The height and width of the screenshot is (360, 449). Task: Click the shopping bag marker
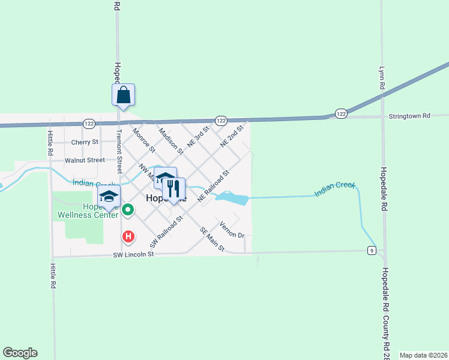coord(123,95)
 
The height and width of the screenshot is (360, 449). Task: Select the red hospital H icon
coord(128,236)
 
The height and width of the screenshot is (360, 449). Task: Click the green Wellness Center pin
coord(128,210)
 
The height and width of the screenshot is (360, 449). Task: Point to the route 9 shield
coord(373,250)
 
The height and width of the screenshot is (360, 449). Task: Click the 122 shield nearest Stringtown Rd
coord(341,113)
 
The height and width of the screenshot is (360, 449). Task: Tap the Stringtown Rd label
coord(409,115)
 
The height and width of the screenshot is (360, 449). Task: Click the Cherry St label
coord(84,142)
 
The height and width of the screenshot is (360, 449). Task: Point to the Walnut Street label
coord(85,160)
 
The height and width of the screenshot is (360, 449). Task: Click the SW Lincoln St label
coord(134,254)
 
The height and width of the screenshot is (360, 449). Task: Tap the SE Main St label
coord(212,239)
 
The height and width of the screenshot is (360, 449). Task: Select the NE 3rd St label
coord(198,137)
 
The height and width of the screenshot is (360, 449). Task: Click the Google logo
coord(20,353)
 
